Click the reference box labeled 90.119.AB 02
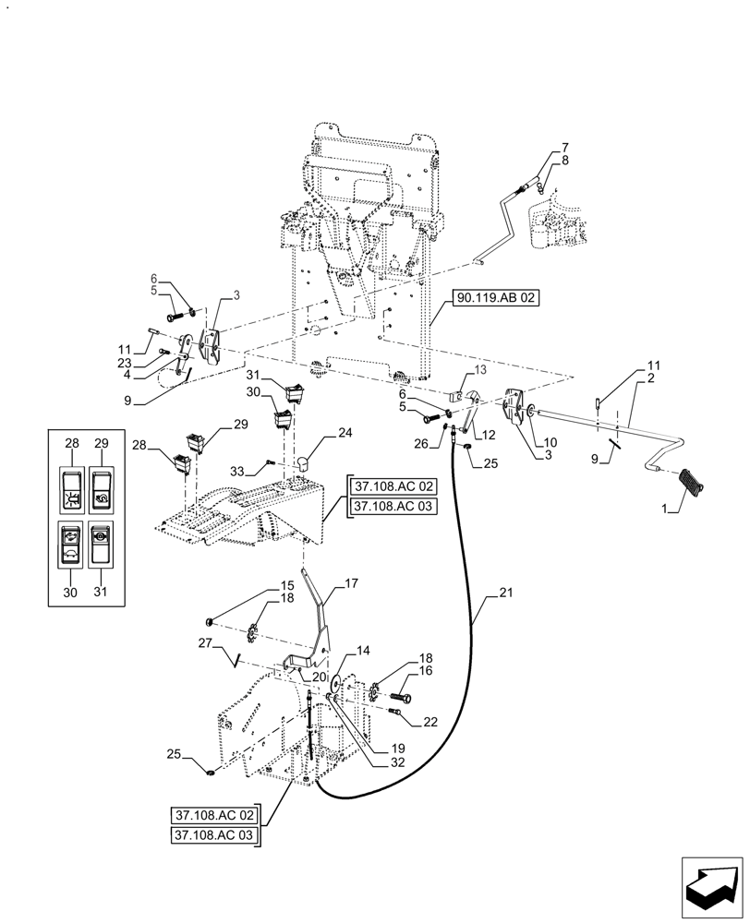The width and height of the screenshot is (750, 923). (x=494, y=298)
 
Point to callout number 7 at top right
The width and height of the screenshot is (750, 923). (x=565, y=149)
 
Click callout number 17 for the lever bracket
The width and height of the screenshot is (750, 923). (x=351, y=582)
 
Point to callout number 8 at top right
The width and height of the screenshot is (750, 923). (x=565, y=161)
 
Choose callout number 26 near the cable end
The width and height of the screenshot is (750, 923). (x=421, y=443)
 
